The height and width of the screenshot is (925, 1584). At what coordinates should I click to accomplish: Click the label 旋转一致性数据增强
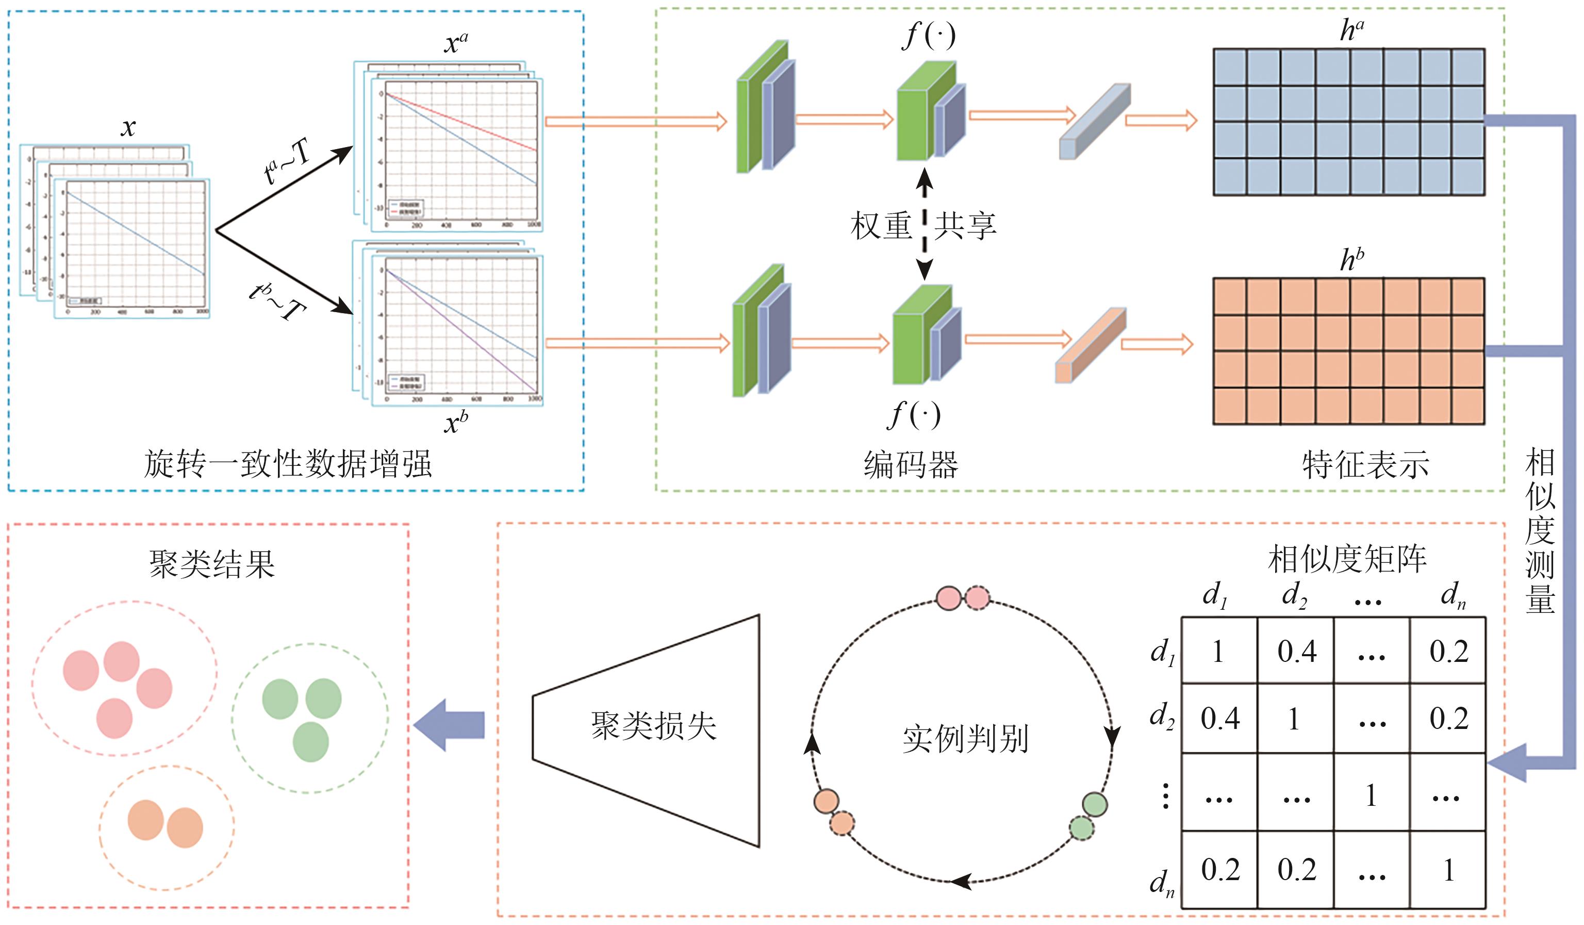[288, 465]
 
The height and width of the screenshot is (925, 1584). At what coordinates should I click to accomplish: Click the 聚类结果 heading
[212, 563]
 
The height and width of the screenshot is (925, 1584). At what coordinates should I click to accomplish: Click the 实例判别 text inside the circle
[965, 739]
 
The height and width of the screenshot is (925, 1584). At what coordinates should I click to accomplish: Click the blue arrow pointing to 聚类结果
[450, 725]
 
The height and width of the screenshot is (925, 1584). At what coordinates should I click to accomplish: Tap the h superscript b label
[1351, 259]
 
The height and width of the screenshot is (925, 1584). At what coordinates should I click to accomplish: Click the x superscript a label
[456, 43]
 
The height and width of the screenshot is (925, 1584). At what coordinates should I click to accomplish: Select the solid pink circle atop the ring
[949, 598]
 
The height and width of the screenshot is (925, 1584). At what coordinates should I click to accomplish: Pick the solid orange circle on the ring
[826, 802]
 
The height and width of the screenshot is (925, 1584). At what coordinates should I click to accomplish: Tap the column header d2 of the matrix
[1294, 594]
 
